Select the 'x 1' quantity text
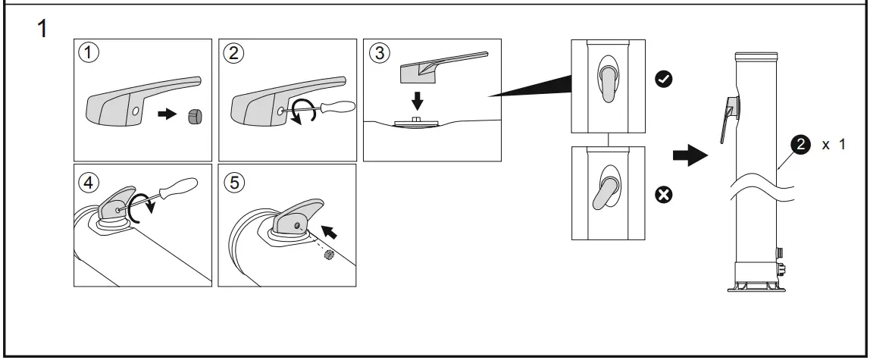click(833, 146)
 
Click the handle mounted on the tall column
click(730, 117)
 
